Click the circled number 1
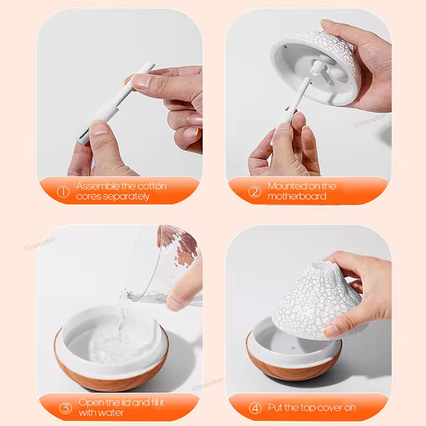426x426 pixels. tap(63, 192)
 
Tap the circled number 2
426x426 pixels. tap(255, 192)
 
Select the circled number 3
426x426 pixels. tap(65, 408)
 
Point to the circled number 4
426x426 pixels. tap(255, 408)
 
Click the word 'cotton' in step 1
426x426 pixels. tap(150, 186)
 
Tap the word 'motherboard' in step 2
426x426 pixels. tap(297, 196)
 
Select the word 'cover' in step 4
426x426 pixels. tap(326, 407)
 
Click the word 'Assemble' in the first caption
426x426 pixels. tap(97, 186)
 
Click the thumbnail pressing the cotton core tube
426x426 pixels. tap(141, 80)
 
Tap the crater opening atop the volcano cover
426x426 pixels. tap(321, 265)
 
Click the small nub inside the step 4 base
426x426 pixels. tap(293, 348)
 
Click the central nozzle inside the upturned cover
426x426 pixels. tap(316, 67)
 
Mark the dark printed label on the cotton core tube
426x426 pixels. tap(84, 134)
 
